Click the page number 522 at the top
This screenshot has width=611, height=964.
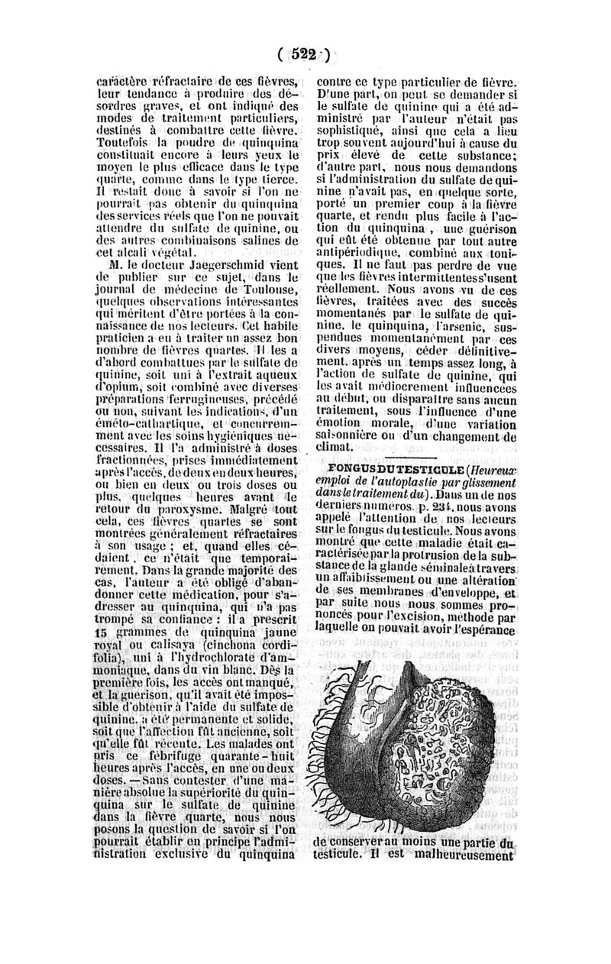point(303,53)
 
